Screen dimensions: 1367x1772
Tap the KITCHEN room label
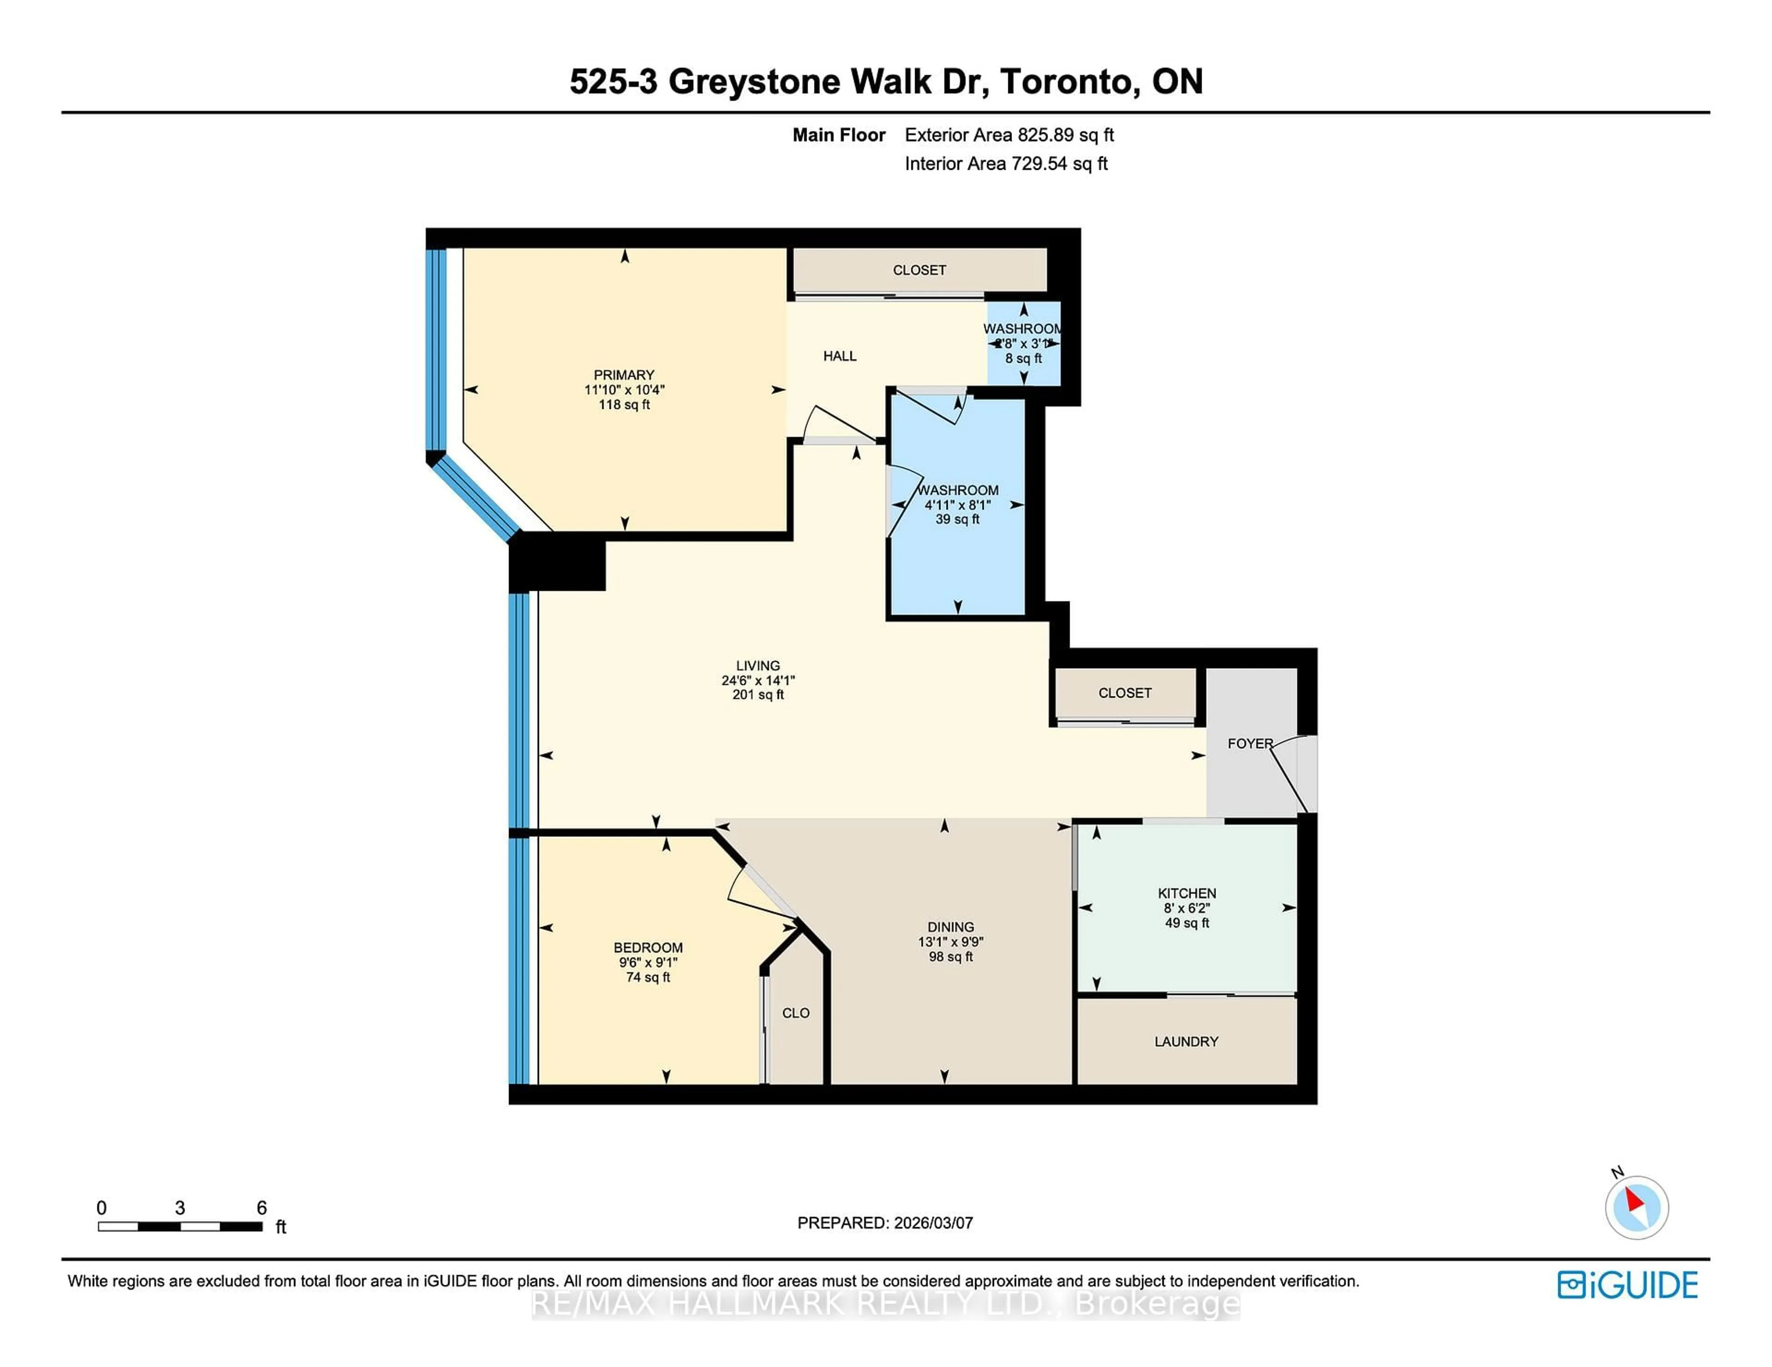click(x=1186, y=893)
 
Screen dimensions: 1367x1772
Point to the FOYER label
click(x=1250, y=743)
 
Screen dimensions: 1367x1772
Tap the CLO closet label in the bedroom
click(x=795, y=1013)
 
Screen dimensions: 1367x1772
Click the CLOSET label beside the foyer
click(x=1125, y=693)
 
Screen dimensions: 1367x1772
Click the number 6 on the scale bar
click(x=261, y=1207)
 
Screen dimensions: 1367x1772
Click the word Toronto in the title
click(x=1066, y=81)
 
